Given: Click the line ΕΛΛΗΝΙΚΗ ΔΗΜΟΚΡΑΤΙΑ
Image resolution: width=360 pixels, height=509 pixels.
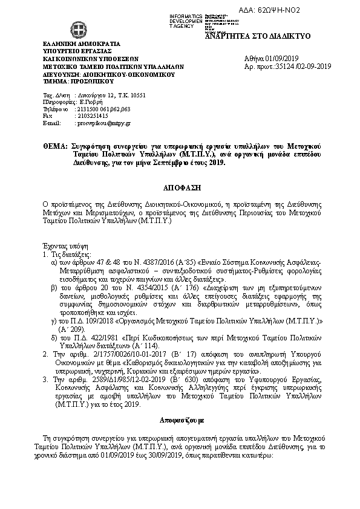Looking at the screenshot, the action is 82,44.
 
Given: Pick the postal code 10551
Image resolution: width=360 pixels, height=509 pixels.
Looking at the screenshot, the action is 137,96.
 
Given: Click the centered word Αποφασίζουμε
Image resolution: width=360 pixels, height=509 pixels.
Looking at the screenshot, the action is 180,418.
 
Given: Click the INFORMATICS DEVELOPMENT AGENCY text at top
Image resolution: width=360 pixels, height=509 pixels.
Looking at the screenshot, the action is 186,21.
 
